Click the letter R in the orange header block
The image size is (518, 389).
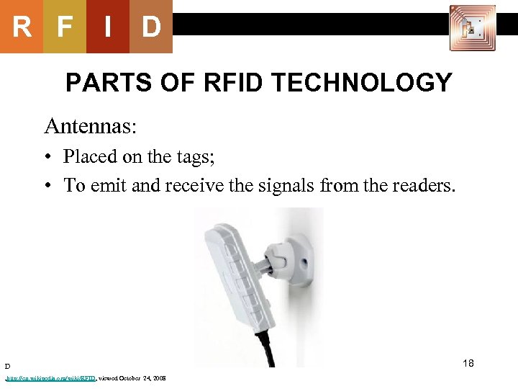[22, 27]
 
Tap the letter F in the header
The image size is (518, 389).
[65, 27]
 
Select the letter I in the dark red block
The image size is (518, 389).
[108, 27]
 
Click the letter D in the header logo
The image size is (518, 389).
[151, 27]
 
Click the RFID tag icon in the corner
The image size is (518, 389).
[472, 28]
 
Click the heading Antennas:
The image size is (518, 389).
[89, 126]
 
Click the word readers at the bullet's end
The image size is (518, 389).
[420, 185]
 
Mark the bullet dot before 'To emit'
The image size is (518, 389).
[47, 186]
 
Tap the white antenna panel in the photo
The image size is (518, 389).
[233, 282]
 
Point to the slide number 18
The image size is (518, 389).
[468, 363]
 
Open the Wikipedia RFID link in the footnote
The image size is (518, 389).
[50, 378]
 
